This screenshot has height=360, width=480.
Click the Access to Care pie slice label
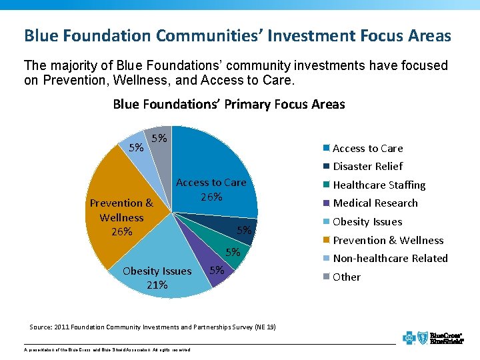pyautogui.click(x=211, y=189)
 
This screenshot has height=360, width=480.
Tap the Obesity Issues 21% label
pyautogui.click(x=157, y=277)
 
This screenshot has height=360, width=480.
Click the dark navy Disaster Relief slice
pyautogui.click(x=220, y=223)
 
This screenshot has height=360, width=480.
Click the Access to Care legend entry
pyautogui.click(x=367, y=148)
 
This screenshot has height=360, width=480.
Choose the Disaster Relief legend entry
pyautogui.click(x=367, y=166)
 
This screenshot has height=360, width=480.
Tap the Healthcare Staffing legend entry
pyautogui.click(x=379, y=185)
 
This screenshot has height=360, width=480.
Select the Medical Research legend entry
pyautogui.click(x=375, y=203)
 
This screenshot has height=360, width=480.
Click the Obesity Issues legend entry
pyautogui.click(x=367, y=221)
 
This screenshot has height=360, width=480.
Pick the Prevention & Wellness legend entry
pyautogui.click(x=387, y=240)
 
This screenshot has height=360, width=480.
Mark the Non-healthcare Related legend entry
pyautogui.click(x=390, y=258)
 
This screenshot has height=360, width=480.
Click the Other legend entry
pyautogui.click(x=346, y=277)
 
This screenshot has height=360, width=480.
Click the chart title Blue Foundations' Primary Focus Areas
pyautogui.click(x=229, y=104)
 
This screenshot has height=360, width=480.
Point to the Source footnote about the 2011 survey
pyautogui.click(x=153, y=327)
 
